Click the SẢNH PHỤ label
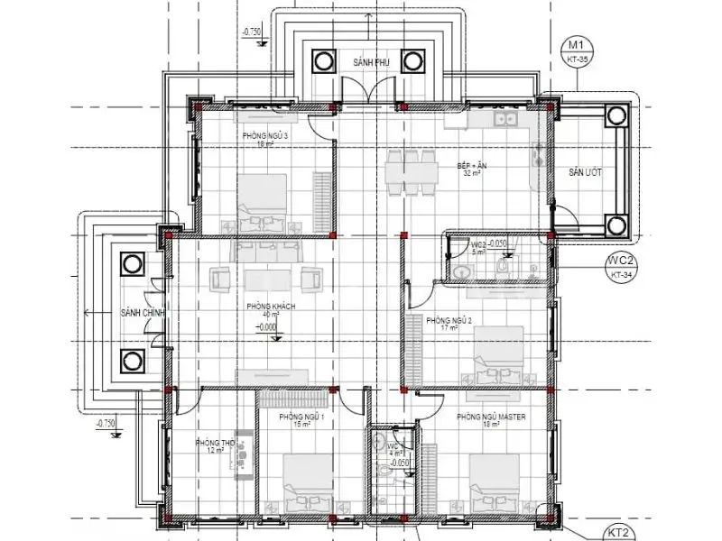click(x=369, y=61)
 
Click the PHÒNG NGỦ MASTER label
click(x=491, y=417)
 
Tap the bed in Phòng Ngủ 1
click(x=307, y=482)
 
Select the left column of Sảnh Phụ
click(x=324, y=61)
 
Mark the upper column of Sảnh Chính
click(x=131, y=265)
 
